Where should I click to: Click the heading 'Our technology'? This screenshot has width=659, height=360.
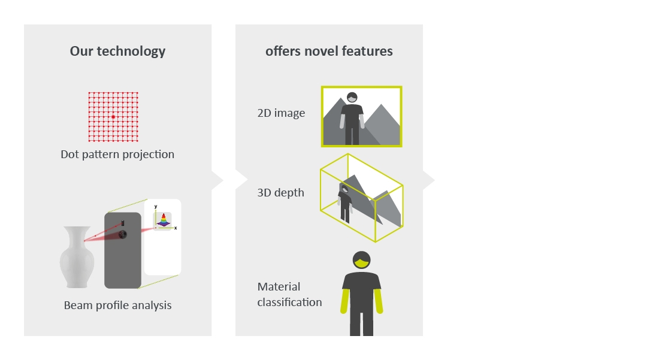point(117,52)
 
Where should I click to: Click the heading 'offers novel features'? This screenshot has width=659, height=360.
point(329,52)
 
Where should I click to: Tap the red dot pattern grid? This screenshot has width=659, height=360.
point(113,117)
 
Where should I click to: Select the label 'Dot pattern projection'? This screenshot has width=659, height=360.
point(117,154)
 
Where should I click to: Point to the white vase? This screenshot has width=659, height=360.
point(77,257)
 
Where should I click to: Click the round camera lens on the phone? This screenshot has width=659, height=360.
point(122,234)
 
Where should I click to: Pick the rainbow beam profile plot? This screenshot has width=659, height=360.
point(163,220)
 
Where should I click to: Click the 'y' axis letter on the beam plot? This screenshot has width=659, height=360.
point(156,207)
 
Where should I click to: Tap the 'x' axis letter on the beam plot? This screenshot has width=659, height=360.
point(176,228)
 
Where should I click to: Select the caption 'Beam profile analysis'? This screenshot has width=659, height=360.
point(117,305)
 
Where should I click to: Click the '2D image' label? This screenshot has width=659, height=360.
point(281,113)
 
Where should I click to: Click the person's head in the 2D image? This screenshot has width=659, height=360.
point(352,98)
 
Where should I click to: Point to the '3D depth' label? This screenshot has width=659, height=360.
point(281,192)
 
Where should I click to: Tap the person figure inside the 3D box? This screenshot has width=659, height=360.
point(345,203)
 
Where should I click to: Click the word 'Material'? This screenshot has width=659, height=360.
point(279,287)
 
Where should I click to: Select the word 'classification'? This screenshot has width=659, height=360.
point(289,302)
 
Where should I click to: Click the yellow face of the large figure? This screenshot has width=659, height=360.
point(361,264)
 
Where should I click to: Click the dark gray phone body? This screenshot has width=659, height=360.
point(123,250)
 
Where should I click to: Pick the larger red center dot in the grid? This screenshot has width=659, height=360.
point(113,117)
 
